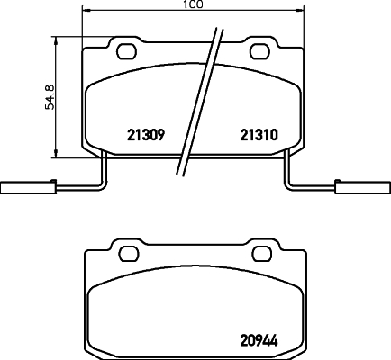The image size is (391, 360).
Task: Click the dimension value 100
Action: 192,5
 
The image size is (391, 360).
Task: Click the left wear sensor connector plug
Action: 20,188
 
